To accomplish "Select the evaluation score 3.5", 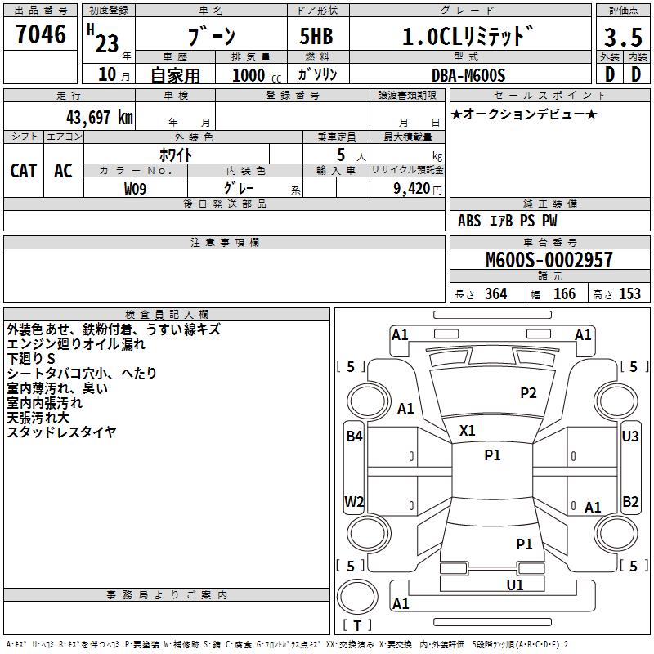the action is pos(622,38).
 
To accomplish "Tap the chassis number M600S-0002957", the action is pos(549,260).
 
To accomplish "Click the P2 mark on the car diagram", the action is pos(528,393).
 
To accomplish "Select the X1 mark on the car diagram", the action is pos(468,430).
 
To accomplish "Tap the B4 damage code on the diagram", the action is pos(353,437).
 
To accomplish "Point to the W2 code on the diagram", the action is pos(353,501).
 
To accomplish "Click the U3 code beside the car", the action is pos(630,437).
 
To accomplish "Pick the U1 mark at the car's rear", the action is pos(514,585).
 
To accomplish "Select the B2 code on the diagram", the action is pos(630,501).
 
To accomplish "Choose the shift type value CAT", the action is pos(23,170).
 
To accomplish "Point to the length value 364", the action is pos(495,294).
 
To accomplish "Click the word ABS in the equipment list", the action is pos(469,221).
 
